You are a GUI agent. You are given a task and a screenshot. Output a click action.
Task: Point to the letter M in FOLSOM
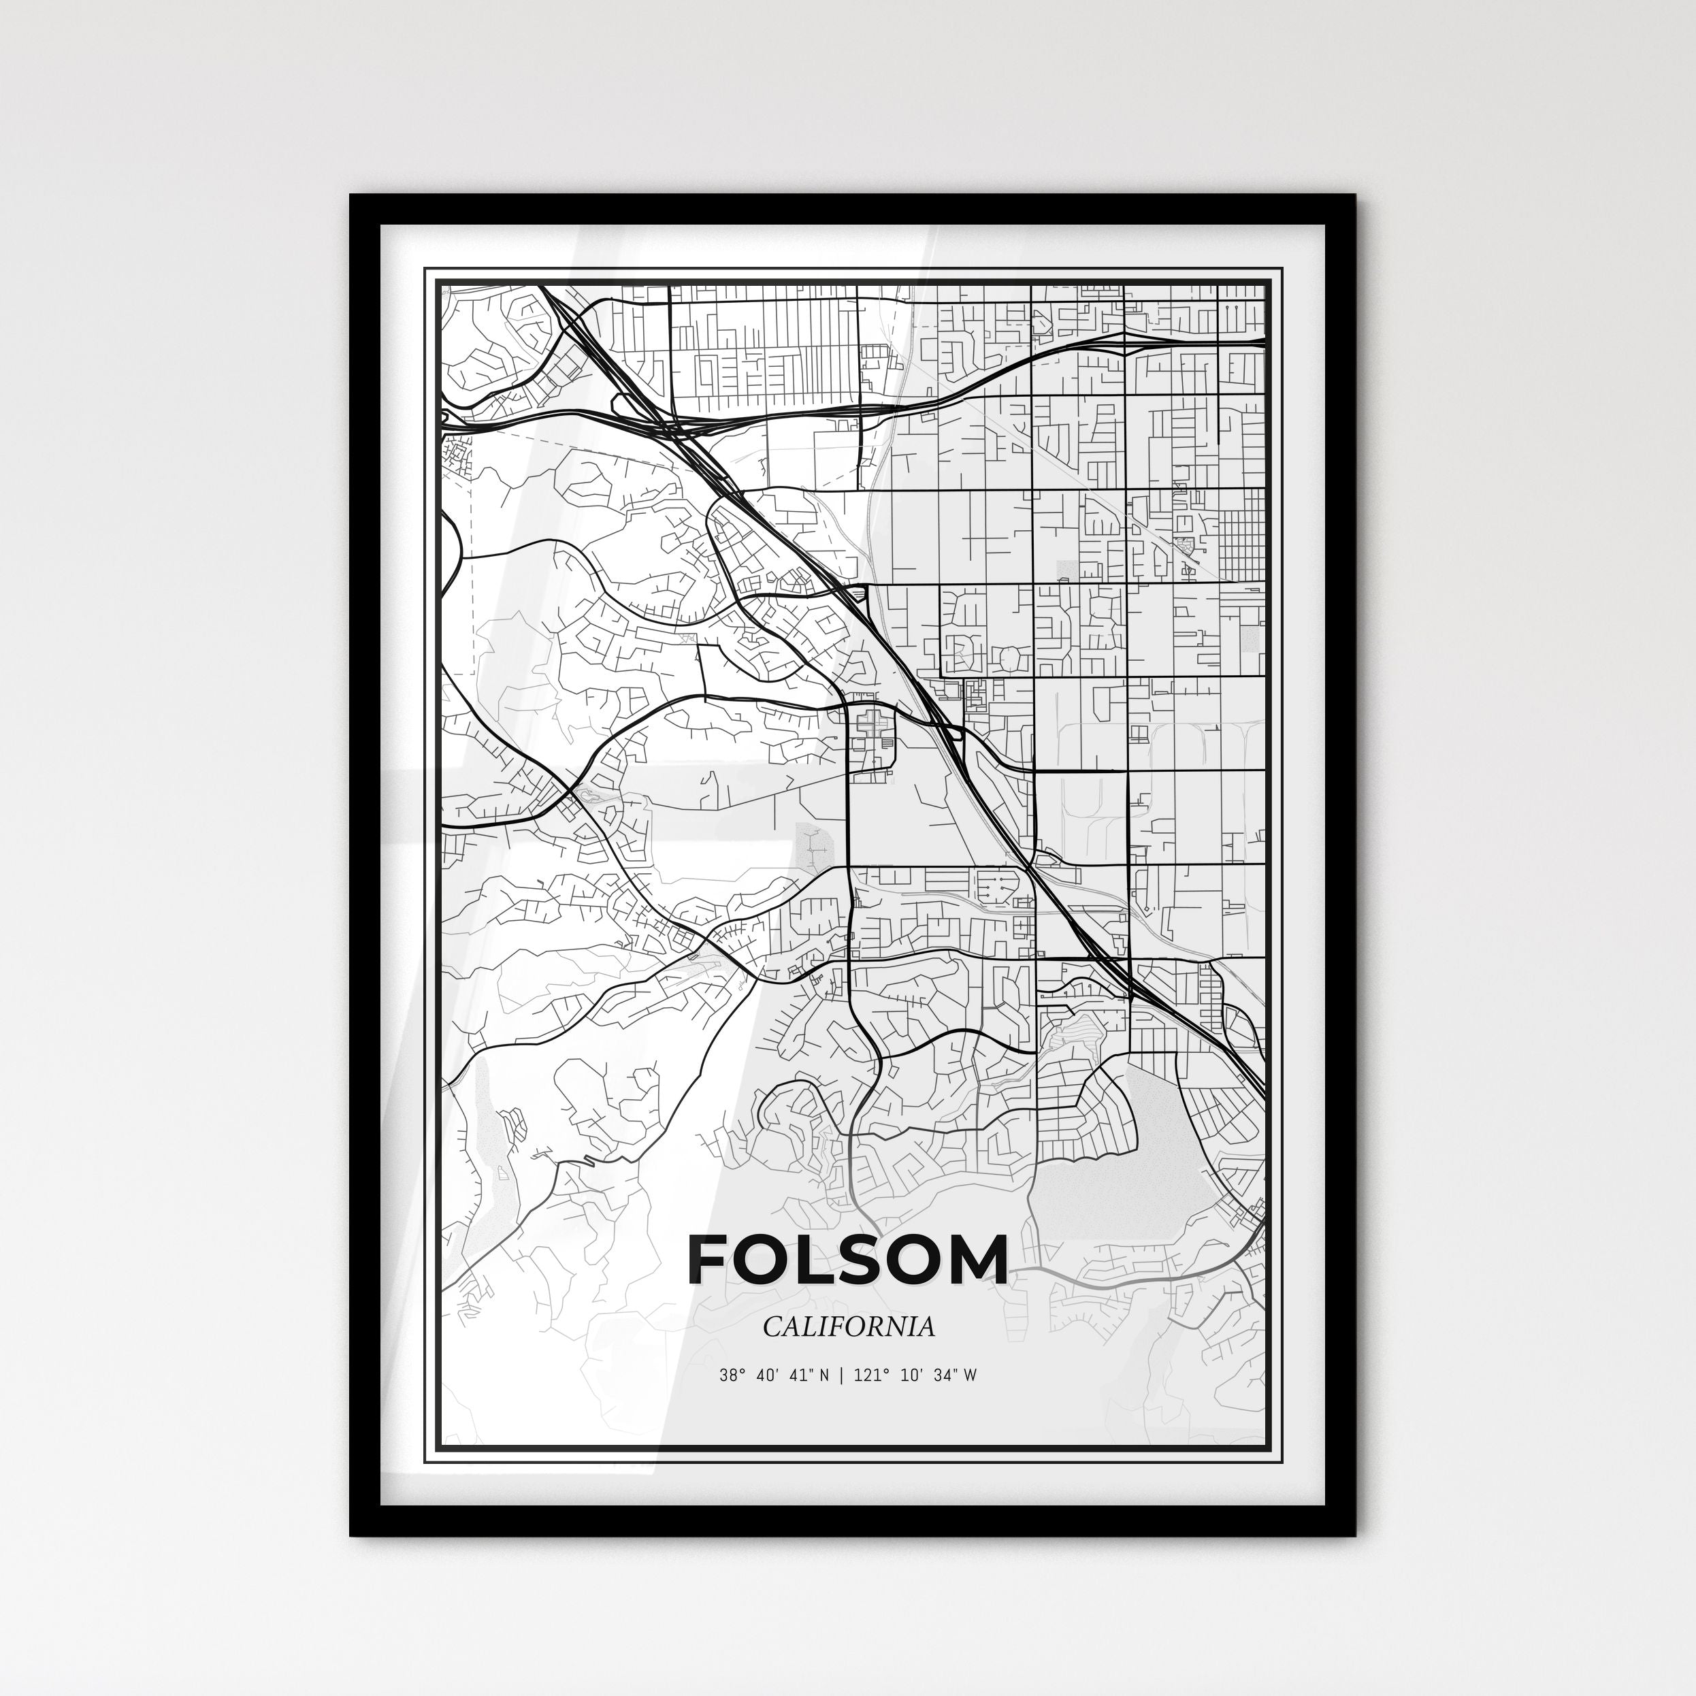point(972,1260)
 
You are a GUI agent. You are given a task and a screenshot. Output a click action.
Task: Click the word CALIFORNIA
point(848,1326)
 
